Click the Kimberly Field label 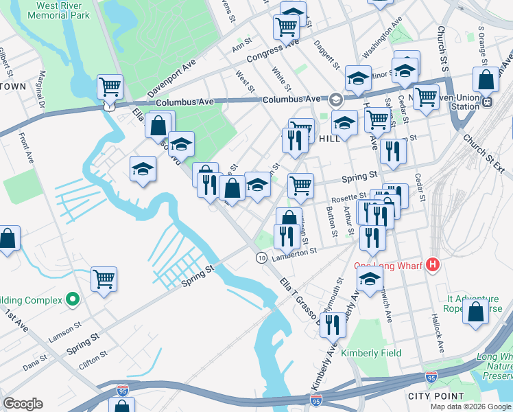[371, 353]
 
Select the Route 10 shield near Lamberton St [261, 257]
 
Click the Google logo [23, 404]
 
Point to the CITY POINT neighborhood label [434, 397]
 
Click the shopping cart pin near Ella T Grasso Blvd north [110, 87]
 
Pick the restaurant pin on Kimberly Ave [333, 323]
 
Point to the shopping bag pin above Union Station [486, 80]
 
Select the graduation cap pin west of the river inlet [142, 168]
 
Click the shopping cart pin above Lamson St [104, 278]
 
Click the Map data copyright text [470, 407]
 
